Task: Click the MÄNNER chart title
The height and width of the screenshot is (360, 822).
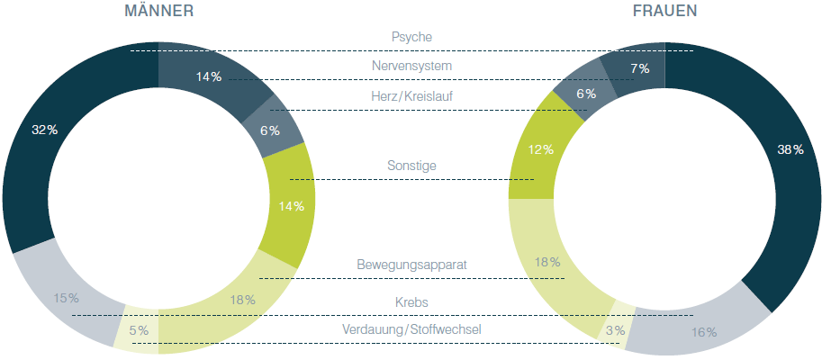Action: click(x=158, y=11)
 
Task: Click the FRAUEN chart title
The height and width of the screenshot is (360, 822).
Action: click(x=664, y=11)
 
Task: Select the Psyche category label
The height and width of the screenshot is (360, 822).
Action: click(x=411, y=38)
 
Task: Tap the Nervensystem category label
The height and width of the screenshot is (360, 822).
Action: click(x=411, y=66)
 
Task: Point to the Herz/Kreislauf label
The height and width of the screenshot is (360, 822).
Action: click(x=411, y=96)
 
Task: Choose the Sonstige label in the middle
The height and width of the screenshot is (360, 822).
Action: click(x=411, y=166)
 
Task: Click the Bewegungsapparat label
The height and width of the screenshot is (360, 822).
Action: click(x=411, y=265)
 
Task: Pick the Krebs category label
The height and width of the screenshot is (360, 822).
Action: click(x=411, y=301)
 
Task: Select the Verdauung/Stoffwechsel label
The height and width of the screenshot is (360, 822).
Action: click(x=411, y=330)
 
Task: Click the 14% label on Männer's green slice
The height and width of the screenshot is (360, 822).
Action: click(x=291, y=206)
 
